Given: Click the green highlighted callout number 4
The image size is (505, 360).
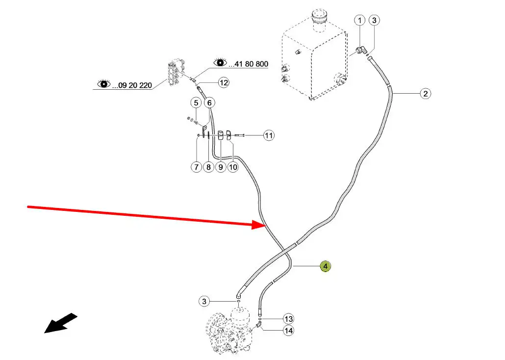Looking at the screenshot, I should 325,266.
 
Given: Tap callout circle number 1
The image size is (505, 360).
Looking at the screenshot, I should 360,20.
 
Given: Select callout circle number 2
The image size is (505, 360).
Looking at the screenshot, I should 425,94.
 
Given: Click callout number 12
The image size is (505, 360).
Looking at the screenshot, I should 224,83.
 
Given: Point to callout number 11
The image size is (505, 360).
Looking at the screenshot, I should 269,135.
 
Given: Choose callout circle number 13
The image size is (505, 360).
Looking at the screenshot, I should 288,318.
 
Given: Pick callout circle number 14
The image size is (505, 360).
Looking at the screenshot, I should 289,331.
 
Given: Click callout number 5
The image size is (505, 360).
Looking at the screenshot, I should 196,103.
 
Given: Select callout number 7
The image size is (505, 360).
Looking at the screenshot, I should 196,167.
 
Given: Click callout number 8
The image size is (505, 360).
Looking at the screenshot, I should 208,167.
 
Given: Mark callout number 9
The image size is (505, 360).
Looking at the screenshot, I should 221,167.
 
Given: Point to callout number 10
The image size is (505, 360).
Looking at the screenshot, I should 233,167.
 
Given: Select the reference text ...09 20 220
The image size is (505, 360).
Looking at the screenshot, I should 132,85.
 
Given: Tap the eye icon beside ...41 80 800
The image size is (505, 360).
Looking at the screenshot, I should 221,63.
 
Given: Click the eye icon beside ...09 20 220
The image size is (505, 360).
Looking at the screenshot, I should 104,84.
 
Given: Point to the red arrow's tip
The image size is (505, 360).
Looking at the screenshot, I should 265,225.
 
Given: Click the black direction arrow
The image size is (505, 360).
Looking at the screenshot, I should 60,324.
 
